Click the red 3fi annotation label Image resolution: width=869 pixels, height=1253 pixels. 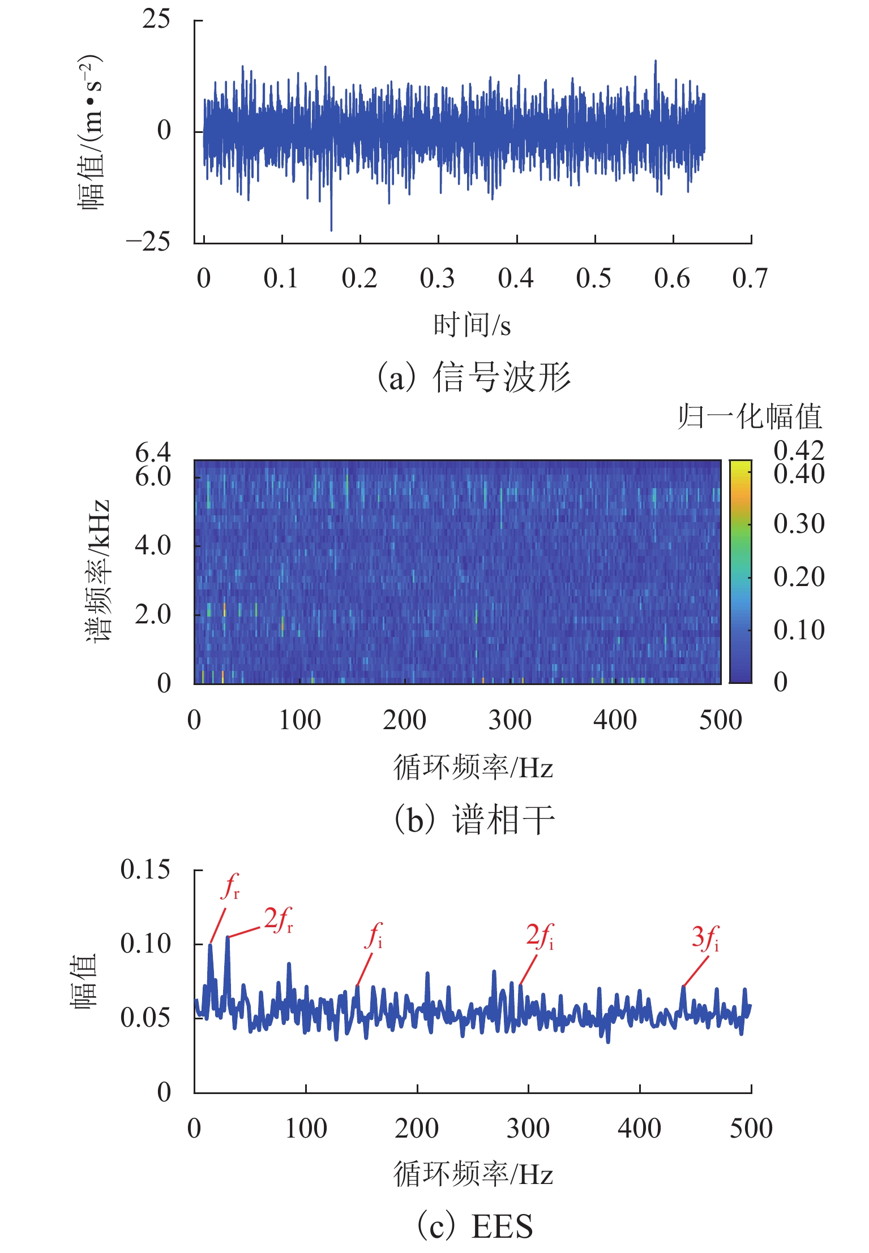coord(705,937)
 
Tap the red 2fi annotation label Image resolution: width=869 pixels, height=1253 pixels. coord(540,936)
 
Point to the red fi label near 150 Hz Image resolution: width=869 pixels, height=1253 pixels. coord(374,936)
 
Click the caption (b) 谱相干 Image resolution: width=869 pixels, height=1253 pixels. coord(474,820)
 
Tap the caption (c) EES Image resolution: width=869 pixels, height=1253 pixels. coord(474,1226)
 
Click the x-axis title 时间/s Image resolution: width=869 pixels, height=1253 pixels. coord(472,325)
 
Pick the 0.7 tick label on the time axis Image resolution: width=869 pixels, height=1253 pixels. coord(750,278)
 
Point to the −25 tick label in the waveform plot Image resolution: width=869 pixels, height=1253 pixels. coord(148,242)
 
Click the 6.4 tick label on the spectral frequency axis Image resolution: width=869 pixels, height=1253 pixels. coord(152,453)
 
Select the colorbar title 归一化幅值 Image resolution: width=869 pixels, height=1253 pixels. coord(750,417)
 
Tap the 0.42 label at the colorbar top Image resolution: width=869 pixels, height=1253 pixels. coord(799,451)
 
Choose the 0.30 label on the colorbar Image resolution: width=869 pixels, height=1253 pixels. coord(799,524)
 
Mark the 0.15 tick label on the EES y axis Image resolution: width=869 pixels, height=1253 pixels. coord(145,869)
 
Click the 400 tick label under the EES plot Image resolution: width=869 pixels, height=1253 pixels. coord(639,1129)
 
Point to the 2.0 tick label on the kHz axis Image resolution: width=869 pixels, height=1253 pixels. coord(152,614)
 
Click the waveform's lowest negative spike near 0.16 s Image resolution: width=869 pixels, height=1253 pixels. coord(331,230)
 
